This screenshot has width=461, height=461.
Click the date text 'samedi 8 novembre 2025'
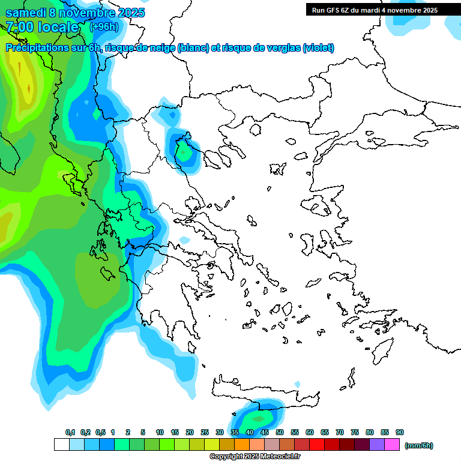click(x=75, y=13)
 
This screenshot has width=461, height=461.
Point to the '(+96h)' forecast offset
click(x=104, y=26)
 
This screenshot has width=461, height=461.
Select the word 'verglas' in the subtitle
click(x=280, y=48)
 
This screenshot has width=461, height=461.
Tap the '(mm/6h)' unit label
click(x=418, y=445)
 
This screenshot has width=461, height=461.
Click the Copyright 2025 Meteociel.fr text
click(x=255, y=457)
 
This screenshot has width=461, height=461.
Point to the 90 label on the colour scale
click(x=400, y=432)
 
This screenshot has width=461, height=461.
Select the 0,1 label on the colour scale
click(x=70, y=432)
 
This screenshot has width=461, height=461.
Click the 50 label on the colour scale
click(x=280, y=432)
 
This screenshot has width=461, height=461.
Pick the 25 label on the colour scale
click(x=205, y=432)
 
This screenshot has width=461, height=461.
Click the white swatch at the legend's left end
click(x=61, y=445)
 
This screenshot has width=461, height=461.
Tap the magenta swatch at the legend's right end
click(x=392, y=445)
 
